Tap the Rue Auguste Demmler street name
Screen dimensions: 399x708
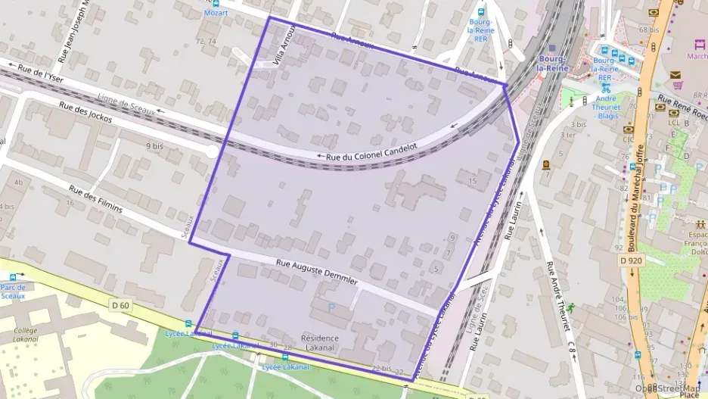click(317, 273)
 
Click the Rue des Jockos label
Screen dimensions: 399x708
click(85, 111)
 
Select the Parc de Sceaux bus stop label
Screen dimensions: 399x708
click(13, 291)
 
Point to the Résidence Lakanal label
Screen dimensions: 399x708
click(320, 342)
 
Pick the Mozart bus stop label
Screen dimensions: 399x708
click(216, 13)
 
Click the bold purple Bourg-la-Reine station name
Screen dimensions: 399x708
click(552, 64)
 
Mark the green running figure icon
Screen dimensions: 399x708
click(571, 307)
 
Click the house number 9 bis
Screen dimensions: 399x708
click(154, 145)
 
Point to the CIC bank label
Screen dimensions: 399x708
click(628, 139)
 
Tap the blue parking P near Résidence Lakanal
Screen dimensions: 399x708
click(331, 307)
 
